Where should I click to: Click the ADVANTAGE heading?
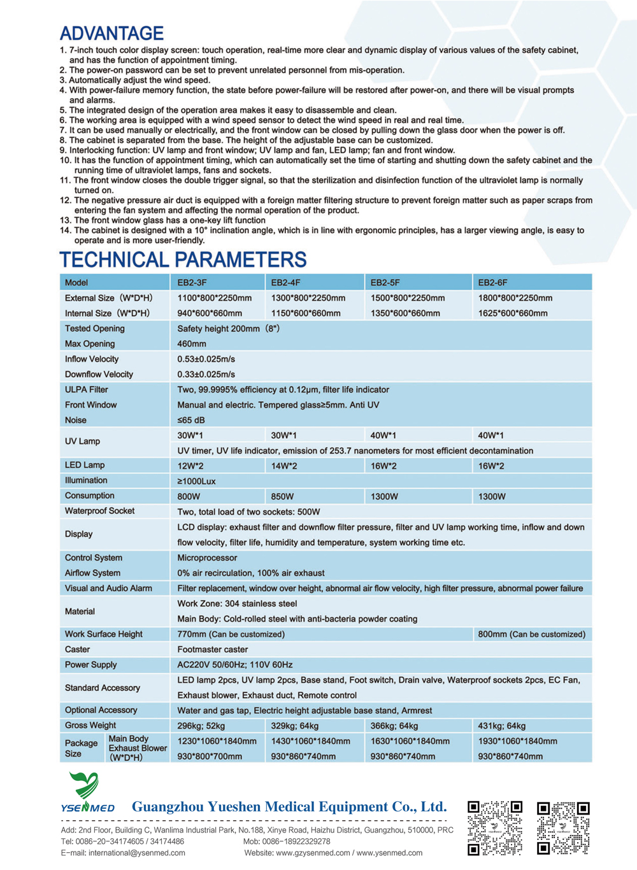click(x=111, y=33)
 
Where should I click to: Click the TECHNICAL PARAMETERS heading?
click(x=183, y=260)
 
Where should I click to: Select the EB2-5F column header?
click(x=385, y=282)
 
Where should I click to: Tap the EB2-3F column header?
click(x=192, y=282)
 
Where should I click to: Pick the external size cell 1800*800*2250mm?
click(x=515, y=298)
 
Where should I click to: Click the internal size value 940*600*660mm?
click(x=210, y=313)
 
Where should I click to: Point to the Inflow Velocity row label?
click(x=92, y=359)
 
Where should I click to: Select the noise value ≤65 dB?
click(x=191, y=420)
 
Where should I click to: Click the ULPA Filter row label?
click(x=87, y=390)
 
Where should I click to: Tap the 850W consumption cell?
click(x=282, y=497)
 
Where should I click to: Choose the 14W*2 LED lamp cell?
click(x=284, y=466)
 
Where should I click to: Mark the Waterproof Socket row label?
click(x=99, y=511)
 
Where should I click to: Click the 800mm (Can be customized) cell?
click(x=531, y=634)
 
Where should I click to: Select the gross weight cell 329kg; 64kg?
click(x=295, y=726)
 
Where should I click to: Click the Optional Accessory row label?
click(x=101, y=710)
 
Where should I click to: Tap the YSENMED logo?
click(x=87, y=793)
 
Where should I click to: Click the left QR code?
click(x=495, y=827)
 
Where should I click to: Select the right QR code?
click(x=563, y=827)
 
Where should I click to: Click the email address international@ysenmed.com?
click(x=136, y=853)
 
